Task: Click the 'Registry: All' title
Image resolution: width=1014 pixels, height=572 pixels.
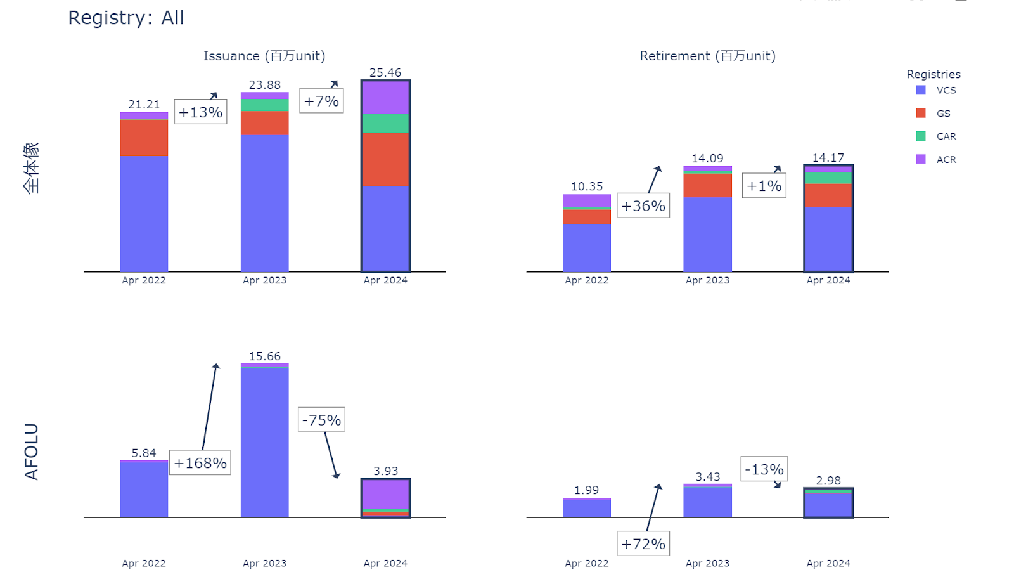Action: [125, 18]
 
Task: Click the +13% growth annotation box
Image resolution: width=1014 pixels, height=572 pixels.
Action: [200, 112]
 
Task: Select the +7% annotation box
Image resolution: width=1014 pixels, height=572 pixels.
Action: [321, 101]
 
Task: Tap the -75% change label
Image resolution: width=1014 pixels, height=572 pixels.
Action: [321, 420]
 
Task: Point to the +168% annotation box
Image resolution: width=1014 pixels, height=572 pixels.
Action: [200, 463]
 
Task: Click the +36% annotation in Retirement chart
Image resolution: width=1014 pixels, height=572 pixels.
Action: [643, 206]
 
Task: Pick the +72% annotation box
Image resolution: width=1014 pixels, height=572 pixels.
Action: [643, 544]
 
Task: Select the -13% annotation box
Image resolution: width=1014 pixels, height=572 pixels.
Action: [764, 469]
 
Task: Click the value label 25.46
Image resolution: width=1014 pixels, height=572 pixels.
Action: [385, 73]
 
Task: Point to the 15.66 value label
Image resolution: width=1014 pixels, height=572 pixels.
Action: [264, 356]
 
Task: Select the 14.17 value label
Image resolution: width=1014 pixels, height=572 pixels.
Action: [828, 158]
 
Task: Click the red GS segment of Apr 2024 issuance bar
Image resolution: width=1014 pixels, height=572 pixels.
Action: [385, 159]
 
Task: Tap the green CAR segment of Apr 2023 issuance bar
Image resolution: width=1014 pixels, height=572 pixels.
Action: [264, 105]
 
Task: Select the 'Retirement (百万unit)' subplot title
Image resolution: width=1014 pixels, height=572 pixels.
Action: [707, 56]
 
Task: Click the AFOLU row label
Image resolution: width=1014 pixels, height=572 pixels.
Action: [31, 452]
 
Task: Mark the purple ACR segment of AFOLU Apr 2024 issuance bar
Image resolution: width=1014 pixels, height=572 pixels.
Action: [385, 495]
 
